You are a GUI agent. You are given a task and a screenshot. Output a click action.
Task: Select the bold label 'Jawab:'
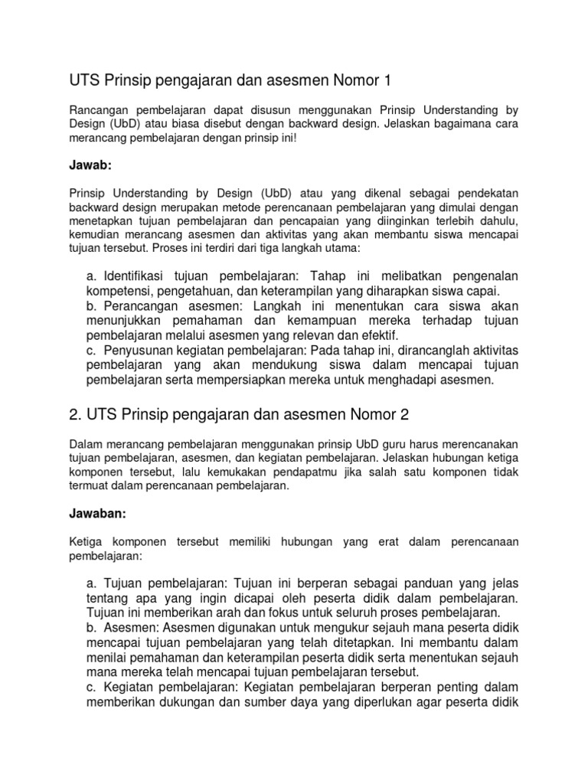tap(89, 164)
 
